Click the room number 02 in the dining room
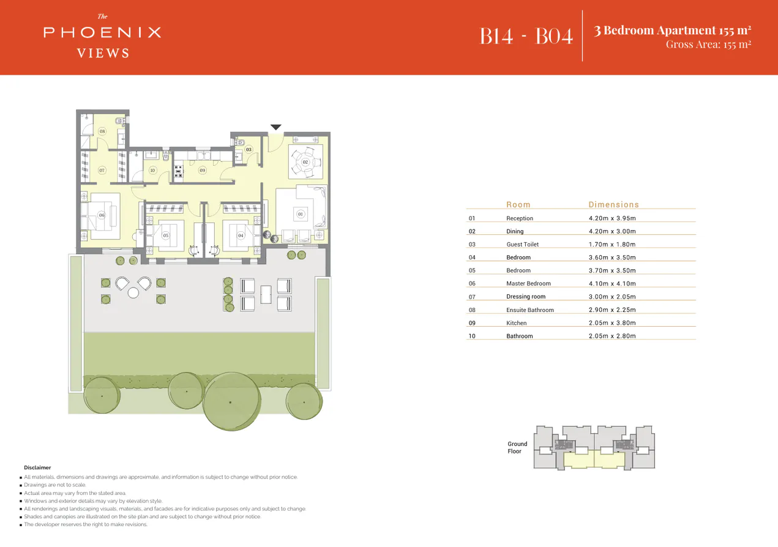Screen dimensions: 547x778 point(305,162)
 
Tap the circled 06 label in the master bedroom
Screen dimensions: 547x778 point(102,215)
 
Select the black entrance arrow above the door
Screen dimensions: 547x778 point(276,127)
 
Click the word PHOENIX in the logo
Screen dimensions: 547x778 point(102,32)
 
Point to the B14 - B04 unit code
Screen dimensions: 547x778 point(526,35)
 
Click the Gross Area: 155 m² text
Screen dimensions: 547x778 point(708,44)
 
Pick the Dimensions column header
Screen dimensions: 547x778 point(613,204)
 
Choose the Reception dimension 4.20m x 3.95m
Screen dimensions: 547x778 point(612,218)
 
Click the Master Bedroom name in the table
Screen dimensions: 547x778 point(528,283)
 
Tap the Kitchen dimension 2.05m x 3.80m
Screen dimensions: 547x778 point(612,323)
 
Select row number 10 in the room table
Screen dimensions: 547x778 point(471,336)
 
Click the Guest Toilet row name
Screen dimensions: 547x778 point(522,244)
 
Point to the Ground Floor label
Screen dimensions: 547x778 point(517,448)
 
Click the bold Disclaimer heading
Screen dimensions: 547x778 point(37,467)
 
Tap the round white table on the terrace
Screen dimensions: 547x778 point(133,292)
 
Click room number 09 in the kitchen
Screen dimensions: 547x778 point(202,170)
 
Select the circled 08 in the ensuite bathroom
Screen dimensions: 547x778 point(102,132)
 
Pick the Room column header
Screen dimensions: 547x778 point(518,204)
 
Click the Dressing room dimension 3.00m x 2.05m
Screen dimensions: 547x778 point(612,297)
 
